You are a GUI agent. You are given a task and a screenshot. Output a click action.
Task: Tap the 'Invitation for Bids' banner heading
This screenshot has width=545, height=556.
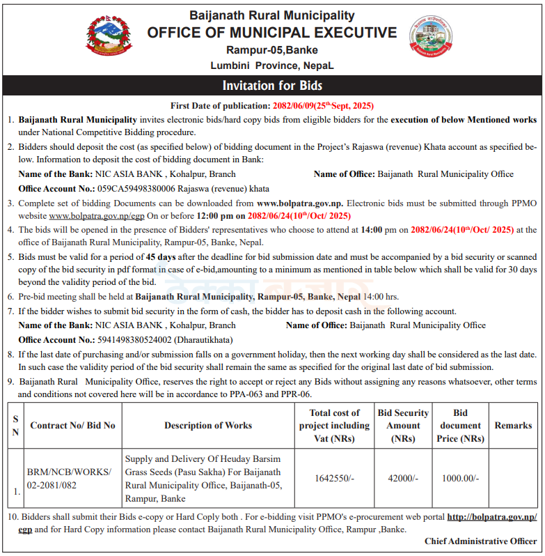click(x=272, y=86)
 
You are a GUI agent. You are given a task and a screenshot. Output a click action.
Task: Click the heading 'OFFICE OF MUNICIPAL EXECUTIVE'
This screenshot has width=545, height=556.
click(x=272, y=33)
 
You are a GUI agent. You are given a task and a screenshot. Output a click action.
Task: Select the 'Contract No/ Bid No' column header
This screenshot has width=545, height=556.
click(x=72, y=425)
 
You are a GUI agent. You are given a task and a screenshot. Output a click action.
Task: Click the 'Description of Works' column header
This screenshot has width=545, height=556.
click(x=208, y=425)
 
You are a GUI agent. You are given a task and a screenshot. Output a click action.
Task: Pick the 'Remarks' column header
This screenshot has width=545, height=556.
click(x=513, y=425)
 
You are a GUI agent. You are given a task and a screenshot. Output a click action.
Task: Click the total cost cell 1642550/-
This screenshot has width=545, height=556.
click(x=335, y=478)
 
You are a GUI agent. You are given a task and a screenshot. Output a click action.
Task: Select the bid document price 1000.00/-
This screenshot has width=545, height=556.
click(x=460, y=478)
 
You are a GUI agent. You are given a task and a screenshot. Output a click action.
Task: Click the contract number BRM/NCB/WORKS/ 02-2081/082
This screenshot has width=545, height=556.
click(x=69, y=478)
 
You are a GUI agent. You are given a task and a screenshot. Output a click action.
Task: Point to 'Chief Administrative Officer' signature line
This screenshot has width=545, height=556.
click(x=480, y=541)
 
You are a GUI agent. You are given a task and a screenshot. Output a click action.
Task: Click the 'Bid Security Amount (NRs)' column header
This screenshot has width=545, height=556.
click(x=404, y=425)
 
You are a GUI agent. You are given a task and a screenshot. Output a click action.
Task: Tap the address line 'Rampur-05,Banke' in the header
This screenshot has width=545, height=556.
click(x=272, y=49)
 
